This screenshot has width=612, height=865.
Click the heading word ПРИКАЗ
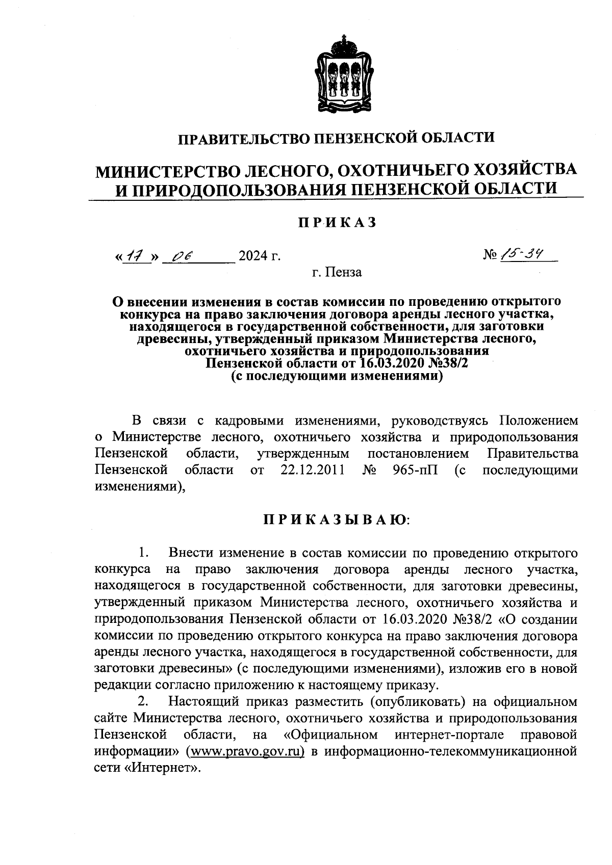click(337, 222)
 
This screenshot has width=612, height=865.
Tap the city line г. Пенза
click(337, 272)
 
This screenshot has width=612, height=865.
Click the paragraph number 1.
click(143, 552)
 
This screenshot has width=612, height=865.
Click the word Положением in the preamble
click(539, 421)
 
